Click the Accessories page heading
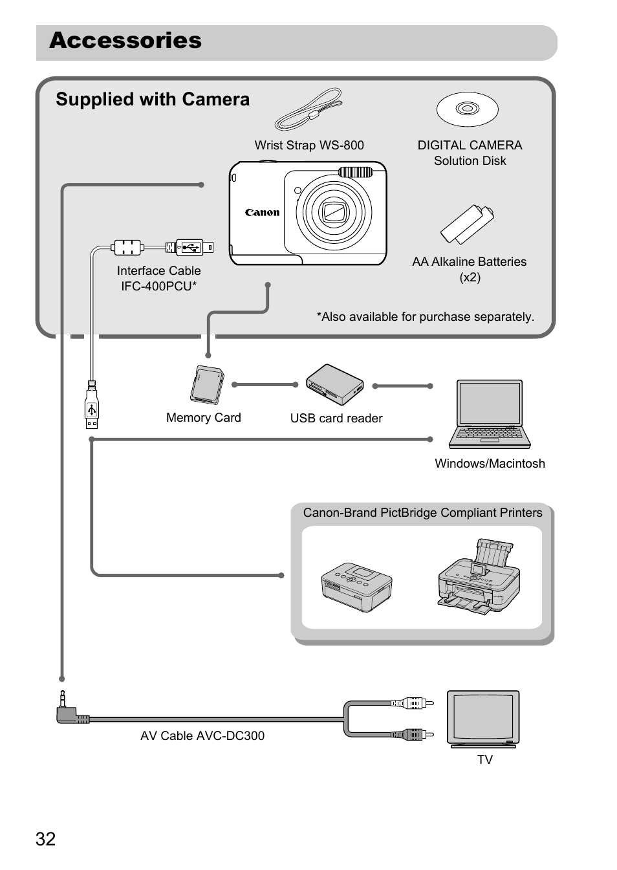tap(125, 41)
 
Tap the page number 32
tap(46, 839)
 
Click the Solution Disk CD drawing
tap(467, 109)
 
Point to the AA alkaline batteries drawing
tap(467, 224)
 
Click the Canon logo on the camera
tap(262, 212)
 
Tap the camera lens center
tap(334, 212)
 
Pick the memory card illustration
tap(207, 385)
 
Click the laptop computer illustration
tap(490, 414)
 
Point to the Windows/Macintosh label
tap(490, 464)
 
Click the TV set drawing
tap(483, 719)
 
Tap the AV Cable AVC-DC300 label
tap(202, 736)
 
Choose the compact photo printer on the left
tap(356, 587)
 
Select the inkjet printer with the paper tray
tap(479, 576)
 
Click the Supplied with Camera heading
tap(153, 100)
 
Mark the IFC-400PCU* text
tap(159, 286)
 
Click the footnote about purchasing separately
tap(425, 317)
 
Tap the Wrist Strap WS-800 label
tap(309, 146)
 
